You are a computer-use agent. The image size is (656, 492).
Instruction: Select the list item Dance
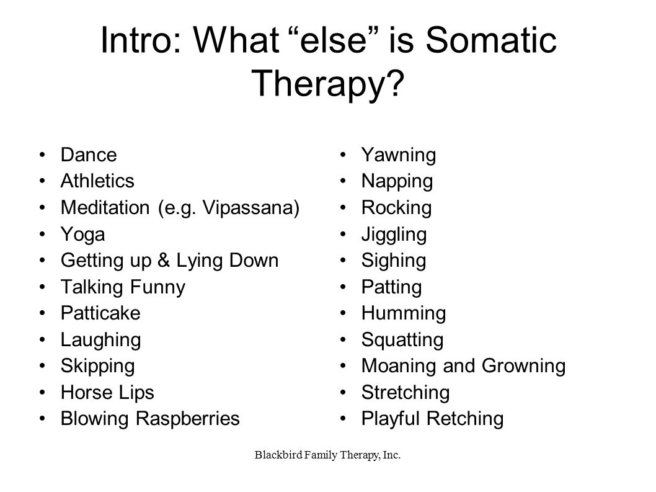tap(88, 154)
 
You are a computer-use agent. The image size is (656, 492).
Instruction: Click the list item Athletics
tap(97, 181)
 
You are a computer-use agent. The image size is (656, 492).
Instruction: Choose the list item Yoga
tap(82, 235)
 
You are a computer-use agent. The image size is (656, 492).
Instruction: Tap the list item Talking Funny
tap(122, 287)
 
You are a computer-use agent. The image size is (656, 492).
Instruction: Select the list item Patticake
tap(100, 313)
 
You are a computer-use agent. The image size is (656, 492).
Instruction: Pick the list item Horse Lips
tap(107, 393)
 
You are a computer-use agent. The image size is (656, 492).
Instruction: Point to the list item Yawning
tap(399, 155)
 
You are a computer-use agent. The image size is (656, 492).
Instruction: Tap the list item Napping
tap(397, 181)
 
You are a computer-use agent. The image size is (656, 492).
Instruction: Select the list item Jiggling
tap(394, 235)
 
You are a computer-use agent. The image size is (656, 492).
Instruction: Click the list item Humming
tap(403, 313)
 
